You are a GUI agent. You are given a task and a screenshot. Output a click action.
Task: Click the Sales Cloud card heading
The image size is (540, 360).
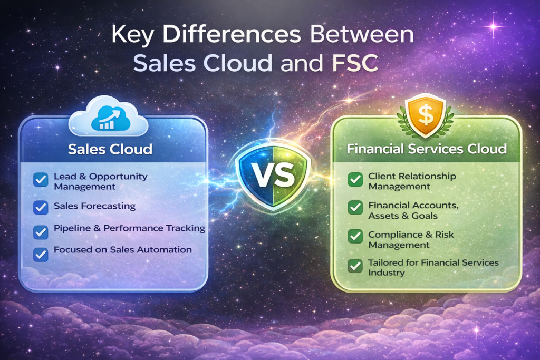pyautogui.click(x=110, y=149)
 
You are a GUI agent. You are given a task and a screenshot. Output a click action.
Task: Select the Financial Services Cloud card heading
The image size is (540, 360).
pyautogui.click(x=427, y=149)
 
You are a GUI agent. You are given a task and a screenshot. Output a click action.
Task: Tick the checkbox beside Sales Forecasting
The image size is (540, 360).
pyautogui.click(x=41, y=207)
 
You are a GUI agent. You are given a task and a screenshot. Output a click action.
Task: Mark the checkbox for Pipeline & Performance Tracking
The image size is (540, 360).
pyautogui.click(x=41, y=231)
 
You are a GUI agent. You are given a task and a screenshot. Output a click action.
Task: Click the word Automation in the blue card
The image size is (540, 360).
pyautogui.click(x=167, y=249)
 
